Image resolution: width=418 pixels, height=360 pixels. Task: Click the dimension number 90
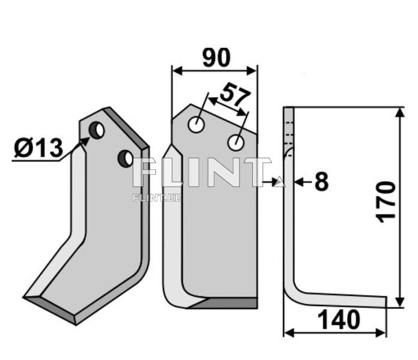[216, 58]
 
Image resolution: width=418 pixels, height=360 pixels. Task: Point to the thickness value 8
[321, 181]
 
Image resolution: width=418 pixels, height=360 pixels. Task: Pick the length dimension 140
[340, 320]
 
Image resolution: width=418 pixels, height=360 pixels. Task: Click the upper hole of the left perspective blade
[97, 130]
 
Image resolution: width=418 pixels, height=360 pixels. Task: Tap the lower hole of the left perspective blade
[125, 158]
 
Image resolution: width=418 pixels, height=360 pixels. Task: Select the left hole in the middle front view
[195, 125]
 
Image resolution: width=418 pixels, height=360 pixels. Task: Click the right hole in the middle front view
[236, 143]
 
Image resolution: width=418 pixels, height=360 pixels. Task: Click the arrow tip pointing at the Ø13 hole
[86, 140]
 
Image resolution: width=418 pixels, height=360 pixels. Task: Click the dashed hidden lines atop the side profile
[291, 130]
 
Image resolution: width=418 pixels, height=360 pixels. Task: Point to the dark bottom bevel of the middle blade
[225, 303]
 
